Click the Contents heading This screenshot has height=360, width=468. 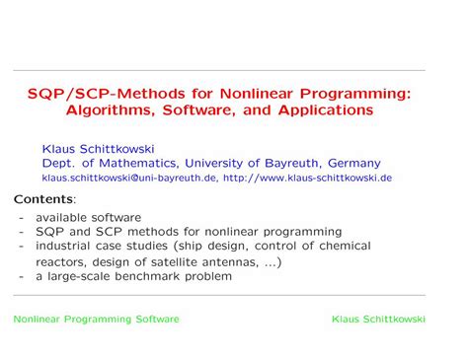[43, 198]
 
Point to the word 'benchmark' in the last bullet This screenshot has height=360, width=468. [153, 276]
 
